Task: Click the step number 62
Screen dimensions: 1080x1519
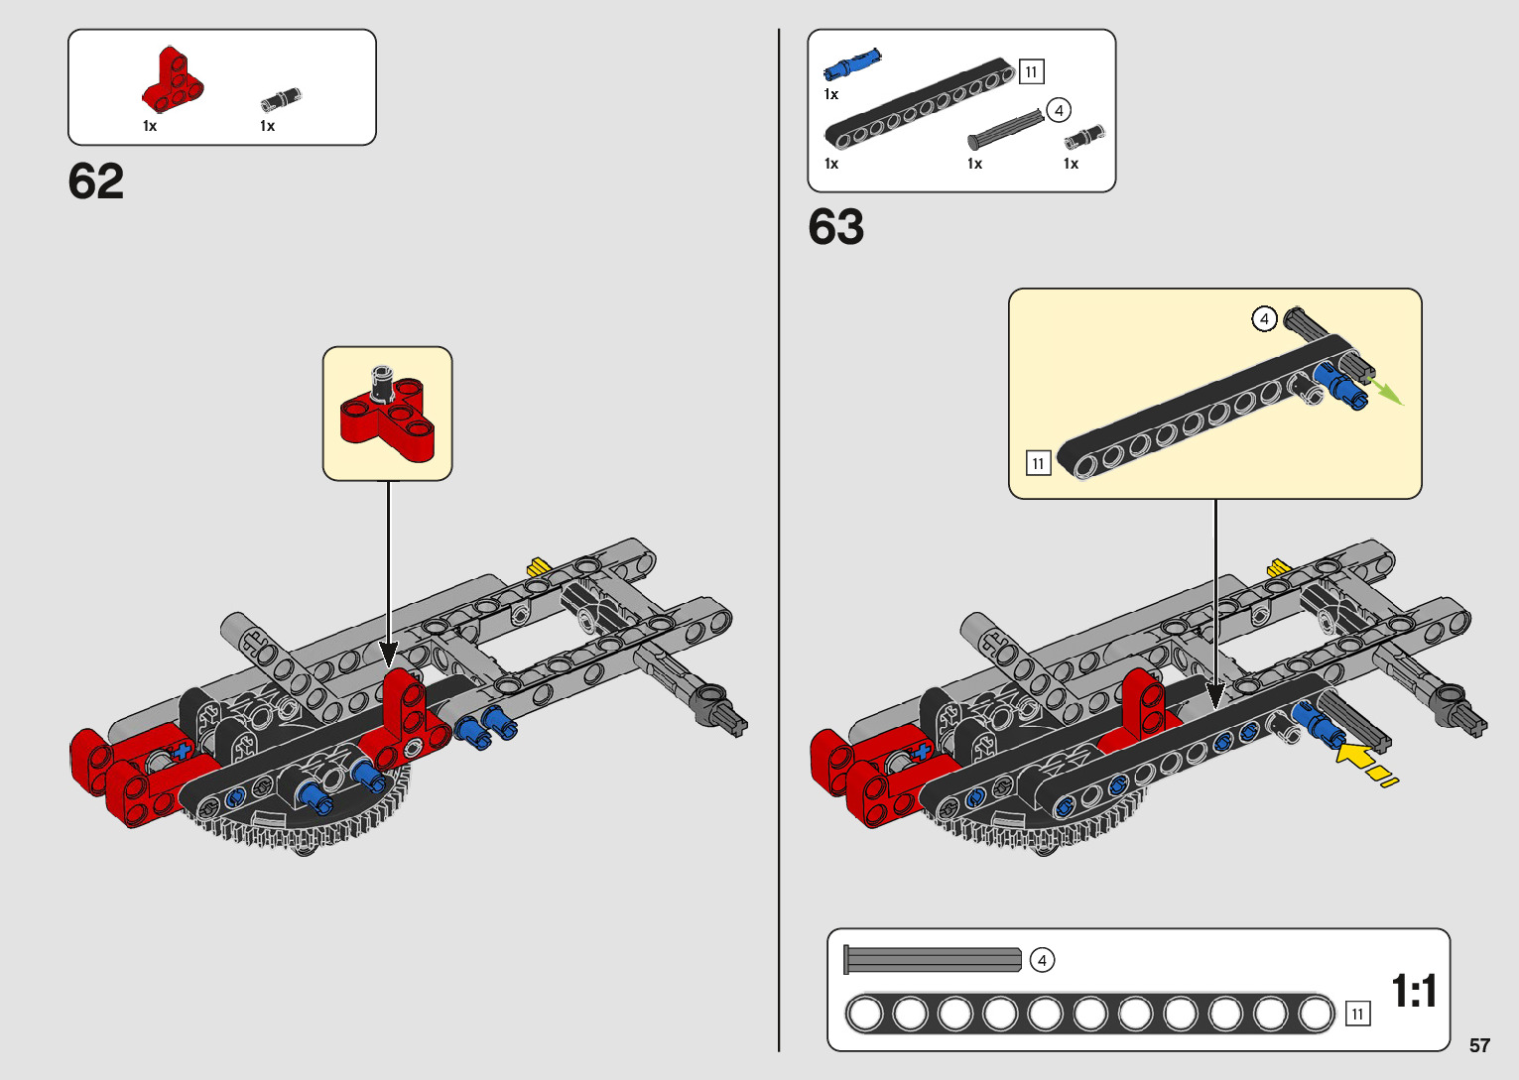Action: [96, 181]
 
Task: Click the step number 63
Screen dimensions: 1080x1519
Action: [835, 227]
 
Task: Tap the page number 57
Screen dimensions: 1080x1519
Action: [1479, 1045]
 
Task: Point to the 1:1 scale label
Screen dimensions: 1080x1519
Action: [1414, 991]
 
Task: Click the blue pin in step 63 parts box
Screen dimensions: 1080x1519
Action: [851, 64]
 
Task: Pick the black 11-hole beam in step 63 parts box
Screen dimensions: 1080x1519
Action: [918, 104]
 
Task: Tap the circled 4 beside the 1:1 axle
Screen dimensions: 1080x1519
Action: [1042, 960]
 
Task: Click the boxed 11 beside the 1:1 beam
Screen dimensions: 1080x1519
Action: [1357, 1014]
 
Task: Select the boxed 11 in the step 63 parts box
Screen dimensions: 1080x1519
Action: [1031, 71]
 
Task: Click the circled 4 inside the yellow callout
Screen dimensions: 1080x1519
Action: [1263, 319]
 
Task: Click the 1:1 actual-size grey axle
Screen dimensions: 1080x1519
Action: [933, 959]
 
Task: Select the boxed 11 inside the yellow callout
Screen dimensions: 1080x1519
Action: [1038, 463]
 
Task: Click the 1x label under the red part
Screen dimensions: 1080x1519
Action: [150, 126]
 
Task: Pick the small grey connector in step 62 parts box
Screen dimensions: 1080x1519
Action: [281, 99]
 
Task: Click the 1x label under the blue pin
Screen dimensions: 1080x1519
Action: [831, 94]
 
